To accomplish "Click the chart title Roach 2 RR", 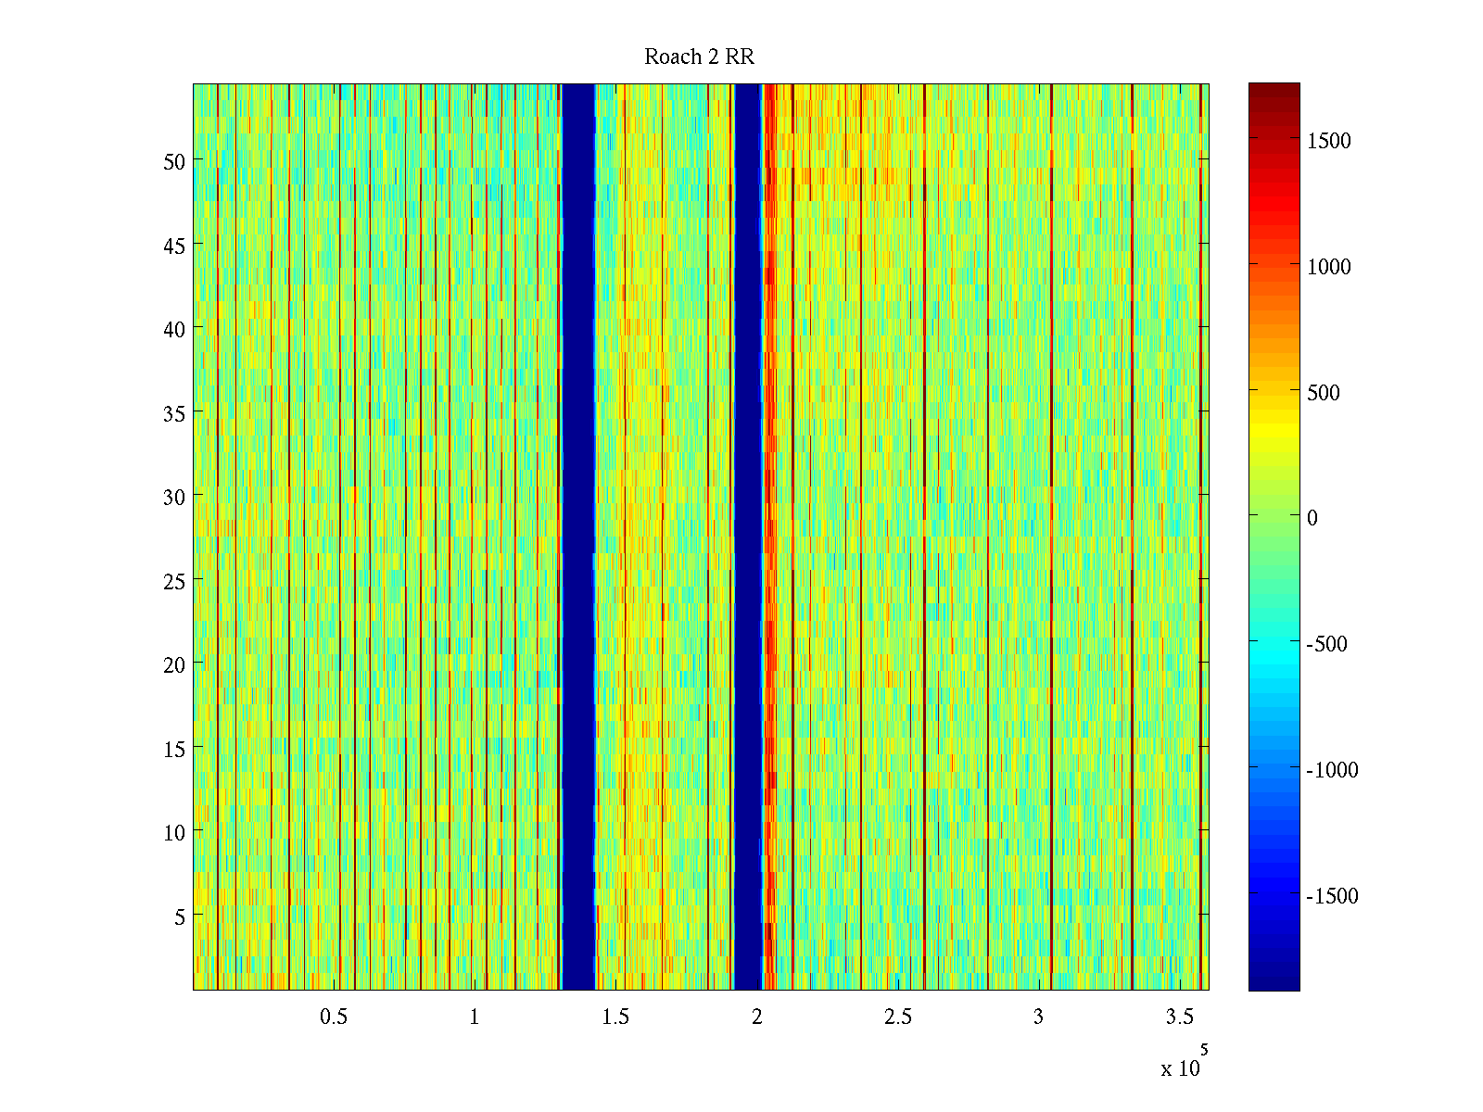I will click(x=699, y=57).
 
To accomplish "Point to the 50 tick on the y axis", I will click(x=174, y=161).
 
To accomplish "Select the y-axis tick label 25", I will click(x=174, y=581).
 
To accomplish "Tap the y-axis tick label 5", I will click(x=180, y=916).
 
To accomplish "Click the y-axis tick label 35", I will click(x=174, y=413).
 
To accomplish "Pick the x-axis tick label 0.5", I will click(x=334, y=1017).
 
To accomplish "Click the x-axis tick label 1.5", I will click(x=615, y=1017).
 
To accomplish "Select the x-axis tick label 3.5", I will click(x=1179, y=1017).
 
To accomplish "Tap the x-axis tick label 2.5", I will click(x=897, y=1017).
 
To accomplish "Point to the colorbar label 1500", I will click(x=1329, y=141).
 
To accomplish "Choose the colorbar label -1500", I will click(x=1332, y=896).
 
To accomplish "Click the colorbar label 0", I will click(x=1312, y=518).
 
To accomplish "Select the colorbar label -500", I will click(x=1326, y=644).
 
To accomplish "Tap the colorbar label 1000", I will click(x=1329, y=267).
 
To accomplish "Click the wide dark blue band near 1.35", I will click(x=578, y=537).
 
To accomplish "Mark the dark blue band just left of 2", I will click(x=747, y=537).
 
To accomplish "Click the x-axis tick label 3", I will click(x=1038, y=1017).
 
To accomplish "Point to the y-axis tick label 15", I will click(x=174, y=749).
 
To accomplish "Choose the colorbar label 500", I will click(x=1324, y=393).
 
